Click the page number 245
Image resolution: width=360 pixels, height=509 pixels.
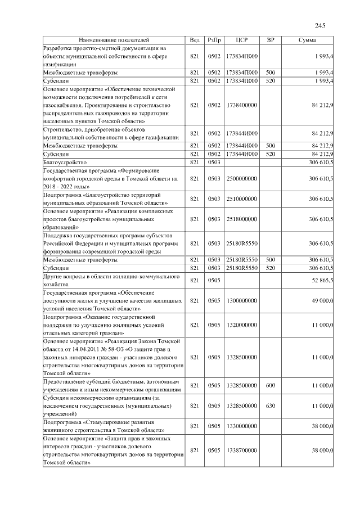pyautogui.click(x=321, y=26)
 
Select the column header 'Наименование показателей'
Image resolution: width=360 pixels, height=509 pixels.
pyautogui.click(x=114, y=40)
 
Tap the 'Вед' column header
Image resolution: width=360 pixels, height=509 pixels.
pyautogui.click(x=195, y=40)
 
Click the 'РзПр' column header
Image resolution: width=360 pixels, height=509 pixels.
pyautogui.click(x=214, y=40)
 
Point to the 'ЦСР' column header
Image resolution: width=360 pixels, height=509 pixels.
pyautogui.click(x=241, y=40)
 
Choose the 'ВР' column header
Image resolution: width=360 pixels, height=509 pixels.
pyautogui.click(x=270, y=40)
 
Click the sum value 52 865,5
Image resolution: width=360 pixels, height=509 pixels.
pyautogui.click(x=321, y=280)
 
